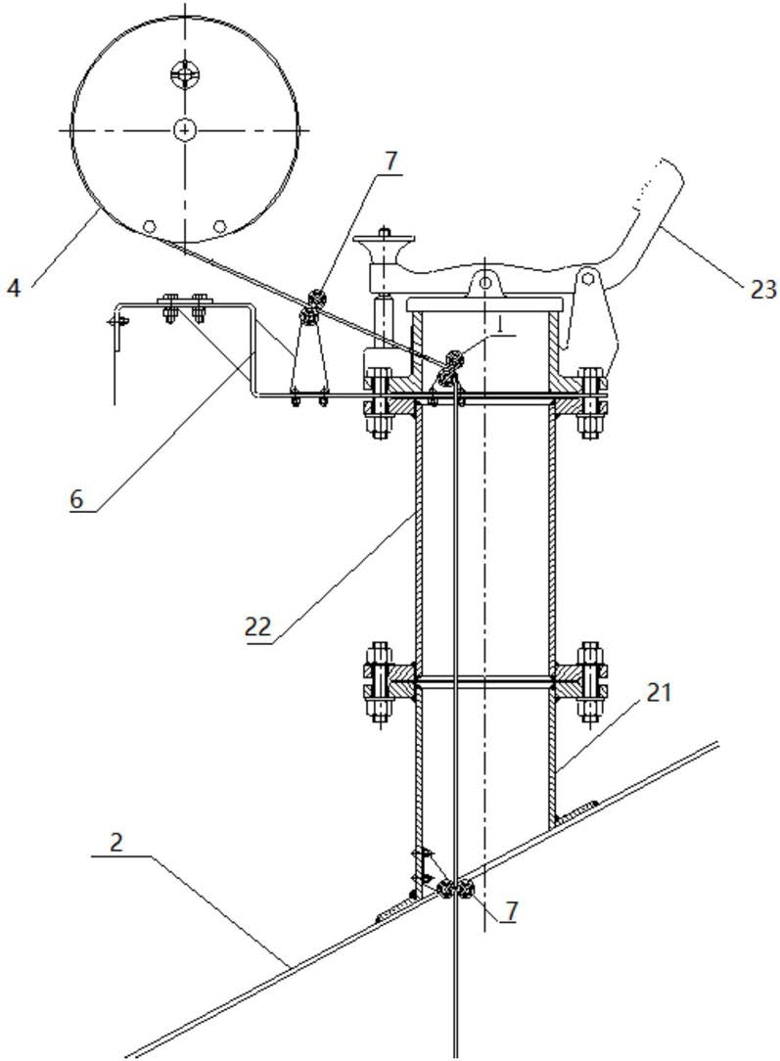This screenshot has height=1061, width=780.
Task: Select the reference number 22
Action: pos(258,626)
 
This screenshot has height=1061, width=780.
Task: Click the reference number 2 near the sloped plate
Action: pos(116,843)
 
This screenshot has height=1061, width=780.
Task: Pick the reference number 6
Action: pos(76,499)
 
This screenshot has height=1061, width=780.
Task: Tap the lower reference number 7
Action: pos(511,911)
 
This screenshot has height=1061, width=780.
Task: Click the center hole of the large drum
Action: pos(184,128)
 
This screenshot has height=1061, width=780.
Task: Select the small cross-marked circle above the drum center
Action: pos(184,73)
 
